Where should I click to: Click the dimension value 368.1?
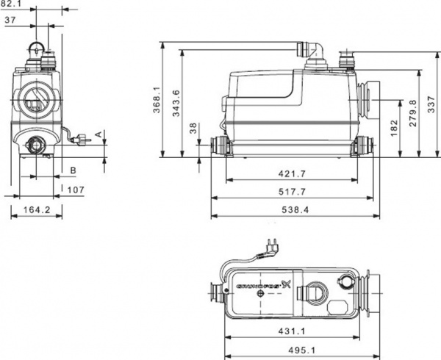(157, 99)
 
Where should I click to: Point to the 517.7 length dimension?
(293, 192)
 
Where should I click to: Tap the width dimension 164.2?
(36, 210)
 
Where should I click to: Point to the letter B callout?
(72, 170)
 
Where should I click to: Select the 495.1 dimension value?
(293, 350)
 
